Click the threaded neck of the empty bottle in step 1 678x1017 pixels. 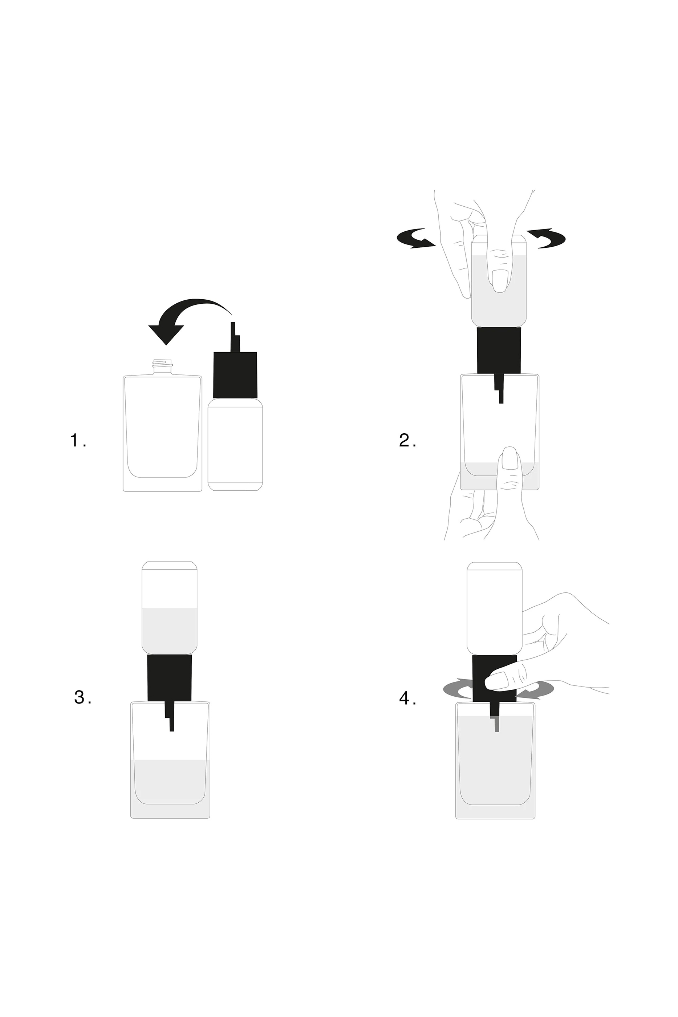162,365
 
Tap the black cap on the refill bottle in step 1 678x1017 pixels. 235,374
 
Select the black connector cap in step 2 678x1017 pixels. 499,350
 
